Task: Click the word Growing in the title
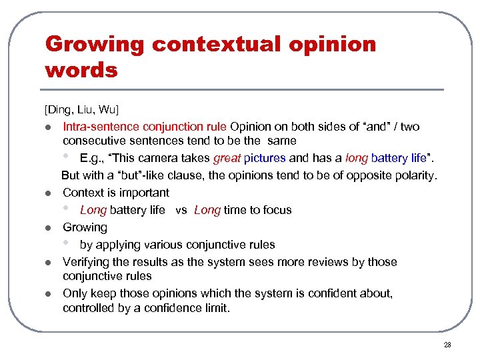[x=94, y=45]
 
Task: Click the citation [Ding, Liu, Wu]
[x=81, y=109]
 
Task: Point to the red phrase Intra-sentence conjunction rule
[x=145, y=127]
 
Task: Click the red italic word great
[x=227, y=159]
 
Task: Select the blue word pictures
[x=265, y=159]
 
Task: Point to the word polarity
[x=413, y=176]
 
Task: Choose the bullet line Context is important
[x=116, y=193]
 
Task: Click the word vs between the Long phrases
[x=181, y=211]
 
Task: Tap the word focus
[x=275, y=211]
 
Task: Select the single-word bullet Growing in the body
[x=85, y=227]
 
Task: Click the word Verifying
[x=87, y=262]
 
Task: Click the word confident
[x=349, y=293]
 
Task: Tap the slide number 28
[x=447, y=345]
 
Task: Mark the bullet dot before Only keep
[x=48, y=294]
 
